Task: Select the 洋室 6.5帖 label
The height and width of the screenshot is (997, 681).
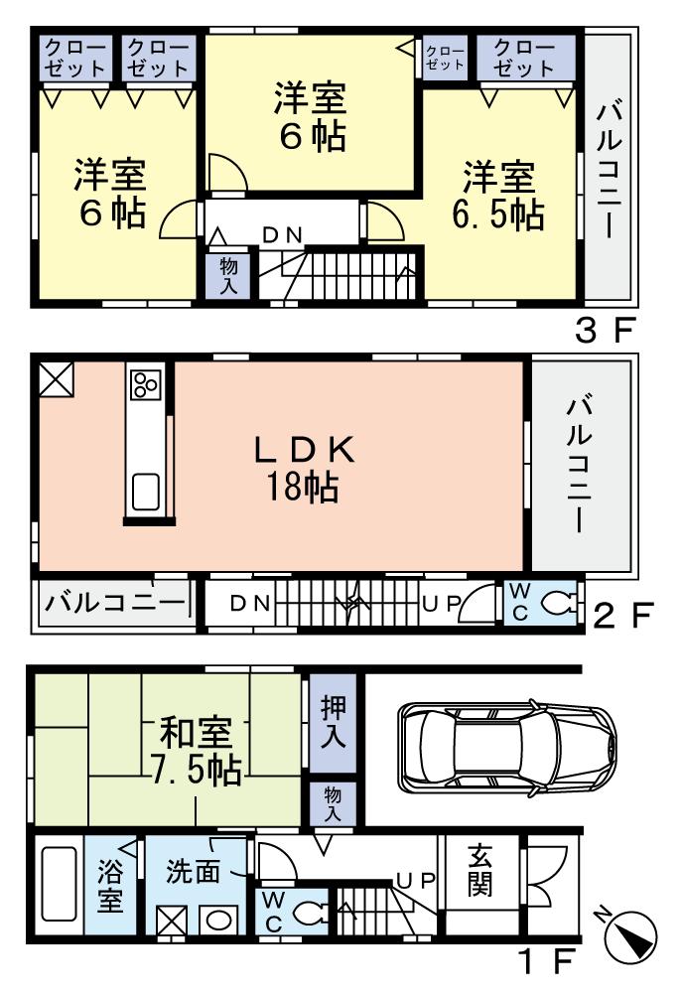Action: [497, 196]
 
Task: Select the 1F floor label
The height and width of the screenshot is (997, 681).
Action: [546, 962]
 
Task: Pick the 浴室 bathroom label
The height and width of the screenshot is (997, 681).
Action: [109, 889]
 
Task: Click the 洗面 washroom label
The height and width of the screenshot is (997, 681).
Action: [193, 873]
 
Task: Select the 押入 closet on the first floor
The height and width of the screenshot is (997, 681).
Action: [332, 720]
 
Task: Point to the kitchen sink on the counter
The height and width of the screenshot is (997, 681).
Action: [145, 492]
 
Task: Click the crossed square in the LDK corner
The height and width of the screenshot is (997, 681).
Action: [56, 378]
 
